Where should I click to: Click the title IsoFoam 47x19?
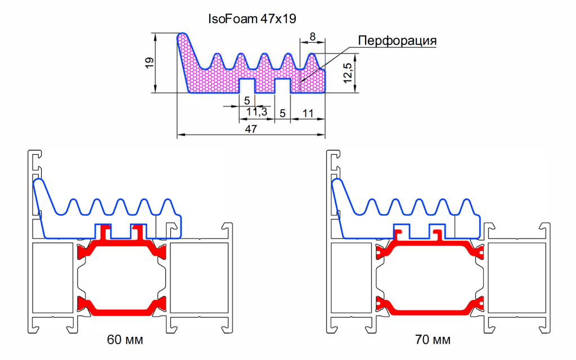(252, 19)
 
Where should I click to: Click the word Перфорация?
(397, 41)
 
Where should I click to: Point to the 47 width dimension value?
(251, 129)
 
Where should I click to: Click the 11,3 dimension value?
(256, 112)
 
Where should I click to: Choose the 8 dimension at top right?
(313, 37)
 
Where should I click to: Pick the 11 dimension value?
(308, 112)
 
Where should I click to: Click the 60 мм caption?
(125, 340)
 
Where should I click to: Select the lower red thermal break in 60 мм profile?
(121, 308)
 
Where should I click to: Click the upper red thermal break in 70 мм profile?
(430, 245)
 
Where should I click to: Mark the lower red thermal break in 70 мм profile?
(430, 308)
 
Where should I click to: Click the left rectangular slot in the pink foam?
(247, 86)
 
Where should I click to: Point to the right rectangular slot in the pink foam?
(282, 86)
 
